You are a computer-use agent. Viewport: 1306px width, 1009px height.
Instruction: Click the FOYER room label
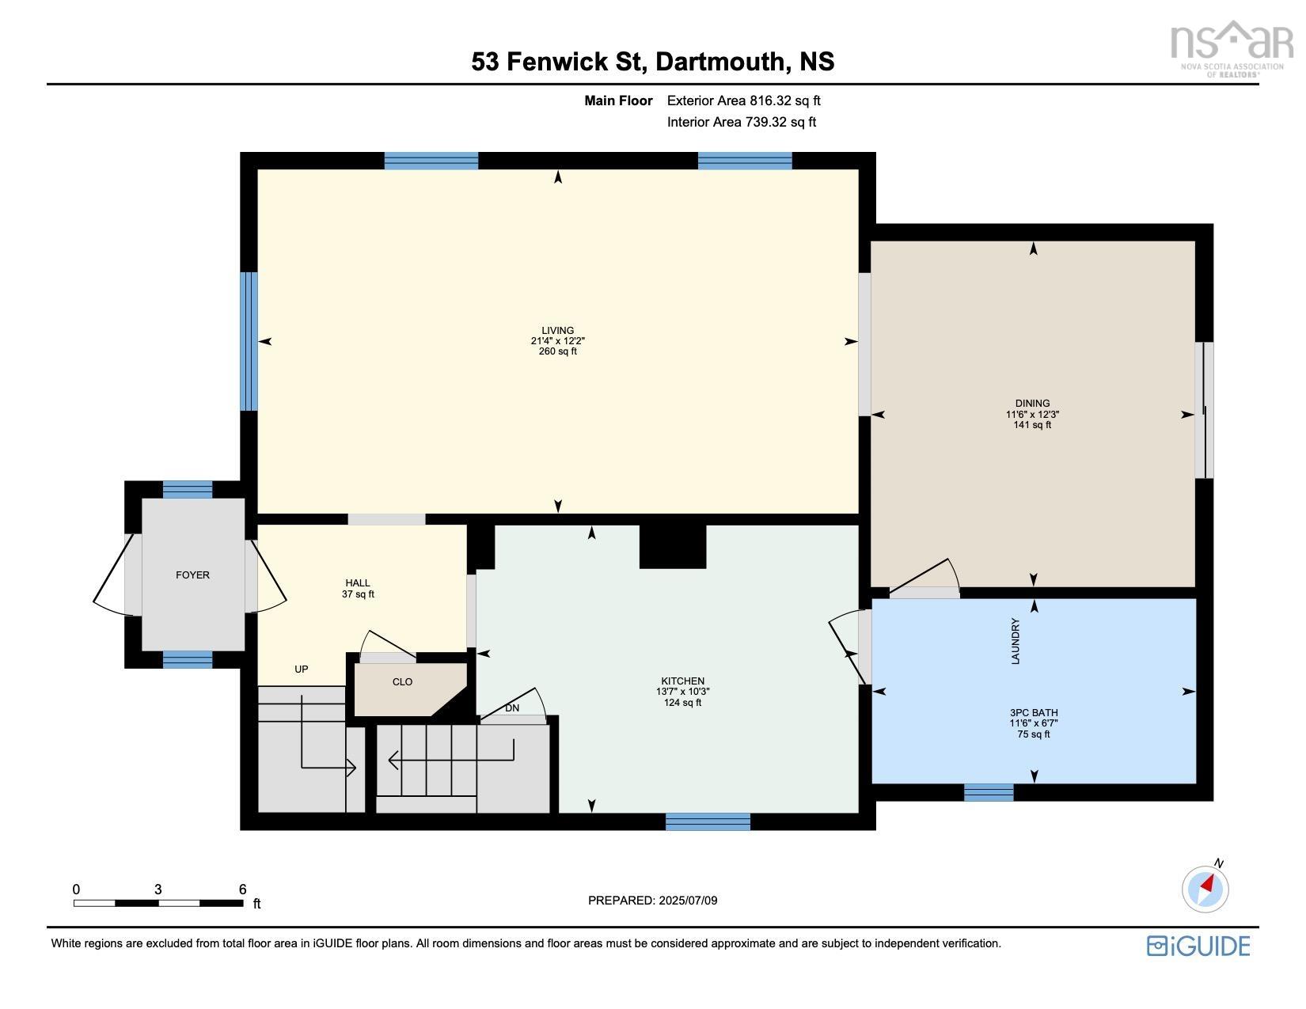(192, 575)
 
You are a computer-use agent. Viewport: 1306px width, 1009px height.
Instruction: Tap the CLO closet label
(402, 682)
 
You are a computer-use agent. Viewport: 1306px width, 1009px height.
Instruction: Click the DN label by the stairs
(512, 708)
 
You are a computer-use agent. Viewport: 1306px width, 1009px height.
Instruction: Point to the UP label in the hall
(301, 670)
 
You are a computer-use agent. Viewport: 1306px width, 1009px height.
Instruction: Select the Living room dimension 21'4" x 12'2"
(557, 341)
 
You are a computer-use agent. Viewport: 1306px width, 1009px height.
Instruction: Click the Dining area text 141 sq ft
(1032, 425)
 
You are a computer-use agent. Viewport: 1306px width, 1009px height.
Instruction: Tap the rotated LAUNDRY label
(1016, 641)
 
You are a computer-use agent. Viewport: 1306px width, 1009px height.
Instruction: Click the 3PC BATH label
(1034, 712)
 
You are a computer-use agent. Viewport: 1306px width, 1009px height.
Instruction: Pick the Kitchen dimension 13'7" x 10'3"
(682, 692)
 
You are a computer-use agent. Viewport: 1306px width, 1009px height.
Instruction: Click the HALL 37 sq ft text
(358, 594)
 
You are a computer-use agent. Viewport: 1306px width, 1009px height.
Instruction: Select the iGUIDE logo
(1198, 946)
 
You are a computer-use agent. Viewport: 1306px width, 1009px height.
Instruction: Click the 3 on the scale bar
(158, 890)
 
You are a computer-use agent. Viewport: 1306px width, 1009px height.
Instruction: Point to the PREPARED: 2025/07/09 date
(652, 901)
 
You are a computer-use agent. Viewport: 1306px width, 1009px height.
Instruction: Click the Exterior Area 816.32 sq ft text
(743, 101)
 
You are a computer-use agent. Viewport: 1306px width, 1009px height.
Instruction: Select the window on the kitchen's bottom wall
(708, 821)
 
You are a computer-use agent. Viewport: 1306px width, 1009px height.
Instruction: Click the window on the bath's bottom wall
(988, 792)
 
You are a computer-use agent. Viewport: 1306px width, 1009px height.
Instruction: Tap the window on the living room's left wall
(249, 341)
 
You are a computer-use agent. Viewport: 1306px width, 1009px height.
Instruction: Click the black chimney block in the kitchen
(672, 547)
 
